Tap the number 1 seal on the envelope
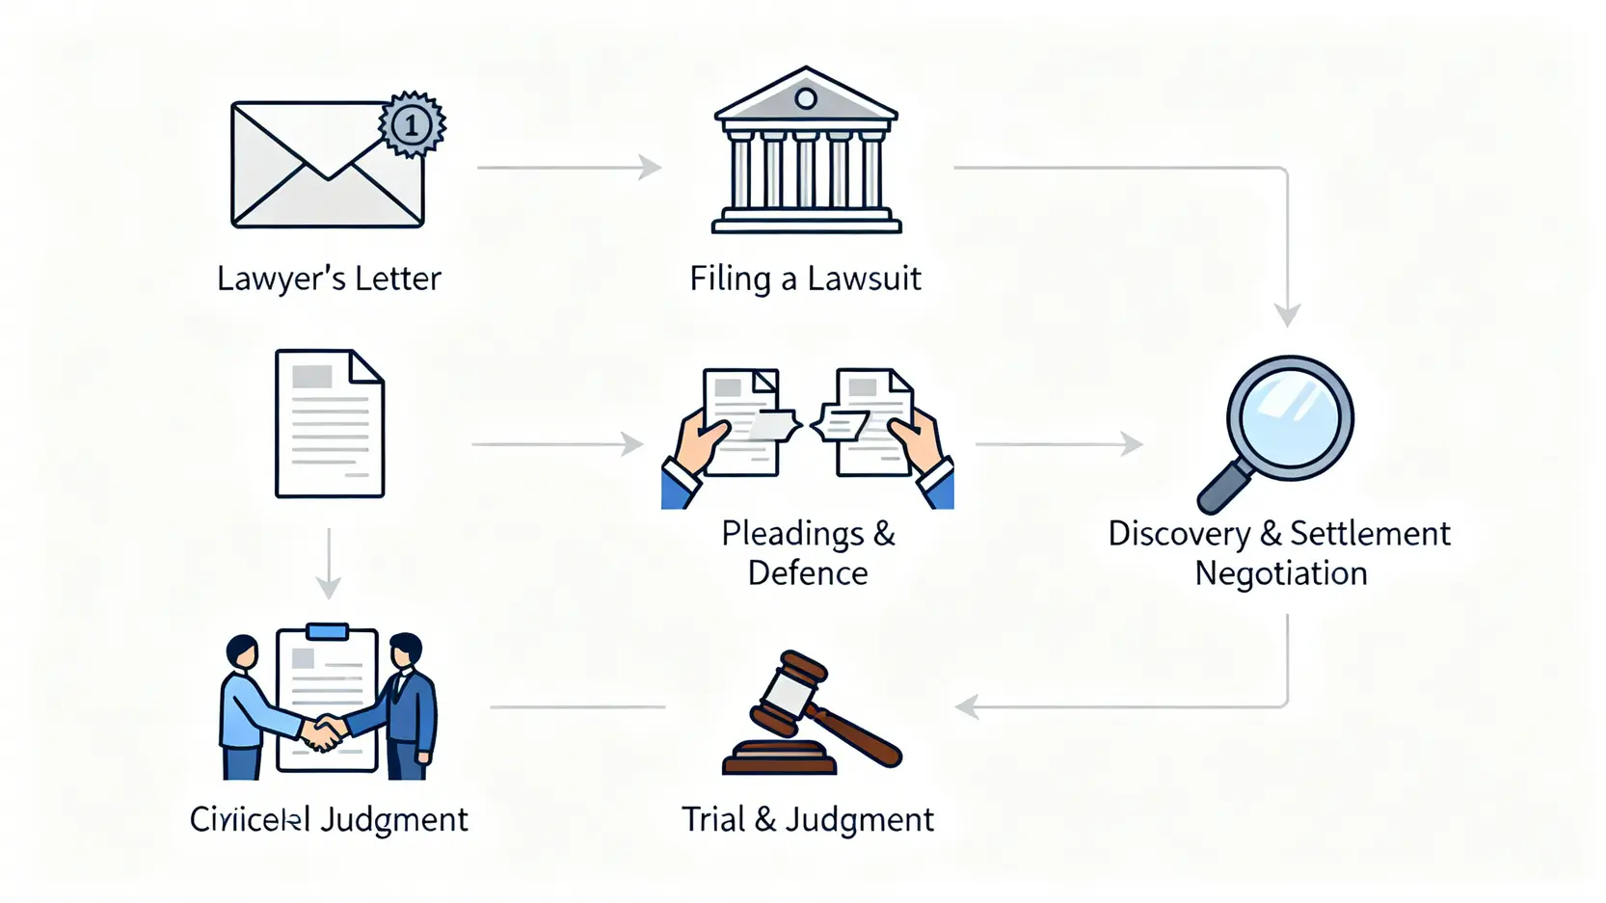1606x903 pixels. (x=413, y=124)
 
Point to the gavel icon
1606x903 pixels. (x=810, y=714)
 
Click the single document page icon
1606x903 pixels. (x=330, y=424)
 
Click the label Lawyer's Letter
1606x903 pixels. (x=329, y=279)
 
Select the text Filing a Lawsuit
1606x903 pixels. (x=805, y=279)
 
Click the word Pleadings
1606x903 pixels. (x=792, y=533)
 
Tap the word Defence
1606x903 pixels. (x=808, y=573)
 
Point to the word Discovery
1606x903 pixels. (x=1179, y=534)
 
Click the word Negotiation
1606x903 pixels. (x=1281, y=573)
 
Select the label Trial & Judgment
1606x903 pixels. (x=808, y=819)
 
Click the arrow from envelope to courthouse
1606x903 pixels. (x=569, y=168)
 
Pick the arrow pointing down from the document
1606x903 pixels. (x=329, y=564)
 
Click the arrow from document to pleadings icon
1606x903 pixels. (x=556, y=444)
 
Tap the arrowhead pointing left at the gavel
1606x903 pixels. (x=967, y=707)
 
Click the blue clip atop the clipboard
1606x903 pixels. (x=327, y=631)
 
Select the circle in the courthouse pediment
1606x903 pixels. (x=806, y=98)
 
